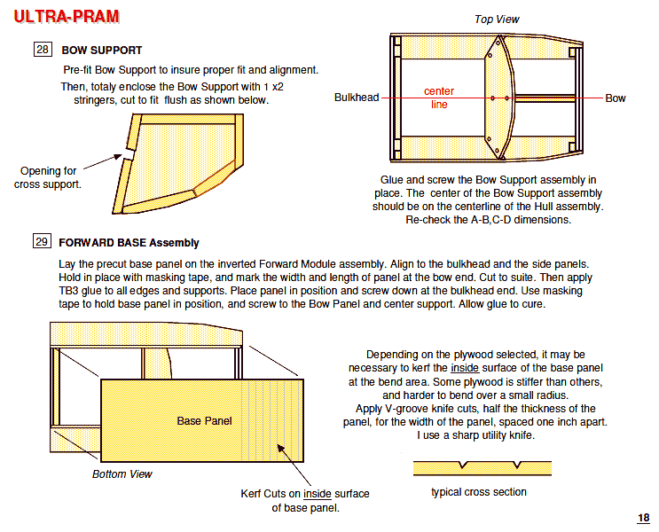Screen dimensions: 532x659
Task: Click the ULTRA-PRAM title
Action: [66, 17]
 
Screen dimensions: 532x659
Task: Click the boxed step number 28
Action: [43, 50]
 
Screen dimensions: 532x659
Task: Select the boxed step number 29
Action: [43, 241]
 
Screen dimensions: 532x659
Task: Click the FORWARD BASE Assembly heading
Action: [129, 242]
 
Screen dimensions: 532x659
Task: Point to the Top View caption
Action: [497, 20]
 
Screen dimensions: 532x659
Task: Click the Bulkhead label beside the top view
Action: [357, 98]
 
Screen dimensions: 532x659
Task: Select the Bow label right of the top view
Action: [616, 98]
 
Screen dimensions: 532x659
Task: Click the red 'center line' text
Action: [439, 98]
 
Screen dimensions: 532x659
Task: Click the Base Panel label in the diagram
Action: [205, 420]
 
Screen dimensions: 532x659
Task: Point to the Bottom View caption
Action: [122, 474]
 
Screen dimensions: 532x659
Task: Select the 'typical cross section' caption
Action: [479, 492]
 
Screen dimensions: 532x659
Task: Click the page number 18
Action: [643, 519]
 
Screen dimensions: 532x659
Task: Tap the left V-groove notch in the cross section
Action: [462, 465]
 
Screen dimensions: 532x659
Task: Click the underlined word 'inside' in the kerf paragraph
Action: [465, 367]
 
